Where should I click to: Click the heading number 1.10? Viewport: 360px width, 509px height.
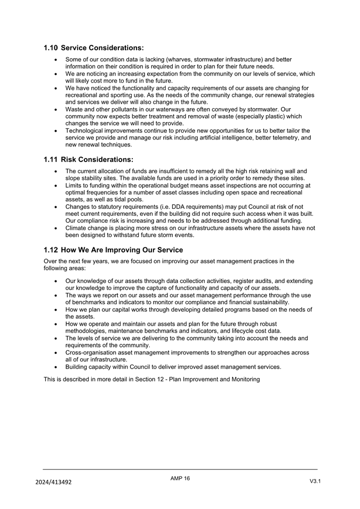51,48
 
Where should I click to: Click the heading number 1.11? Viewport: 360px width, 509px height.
51,159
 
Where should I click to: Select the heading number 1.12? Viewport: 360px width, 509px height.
51,249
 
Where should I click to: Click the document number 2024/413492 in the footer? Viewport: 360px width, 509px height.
54,482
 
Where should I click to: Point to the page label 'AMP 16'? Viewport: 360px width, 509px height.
180,479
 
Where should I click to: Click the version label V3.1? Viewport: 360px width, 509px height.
315,482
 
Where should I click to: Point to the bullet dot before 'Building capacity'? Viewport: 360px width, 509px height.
57,367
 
